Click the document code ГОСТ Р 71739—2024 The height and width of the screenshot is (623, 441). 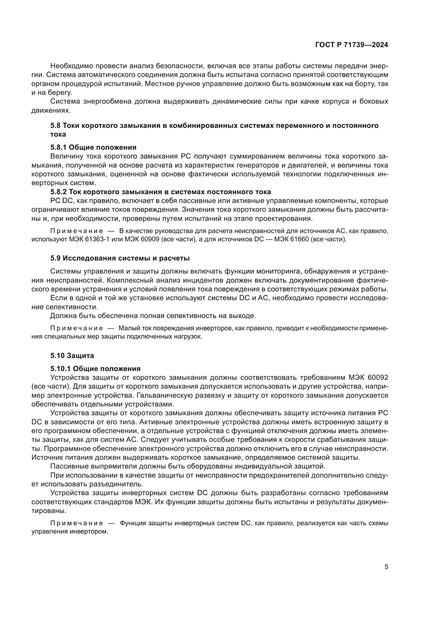[352, 45]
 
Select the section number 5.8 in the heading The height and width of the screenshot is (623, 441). [55, 125]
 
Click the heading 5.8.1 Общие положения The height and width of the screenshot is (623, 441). [93, 147]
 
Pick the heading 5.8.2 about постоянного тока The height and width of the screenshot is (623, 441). [161, 192]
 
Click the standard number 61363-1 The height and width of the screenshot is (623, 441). [96, 240]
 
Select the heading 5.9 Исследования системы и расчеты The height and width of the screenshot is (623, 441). [120, 258]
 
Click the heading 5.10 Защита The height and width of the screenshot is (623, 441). [72, 356]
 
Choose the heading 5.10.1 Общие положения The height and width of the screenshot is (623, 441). [95, 368]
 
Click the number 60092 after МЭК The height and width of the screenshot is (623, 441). [378, 377]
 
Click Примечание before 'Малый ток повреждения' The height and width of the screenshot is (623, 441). [77, 328]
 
